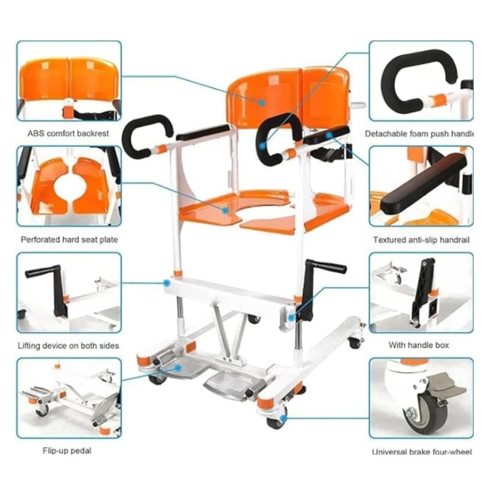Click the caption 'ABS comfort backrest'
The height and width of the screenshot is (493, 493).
tap(68, 133)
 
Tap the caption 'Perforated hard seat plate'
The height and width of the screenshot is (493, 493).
tap(69, 240)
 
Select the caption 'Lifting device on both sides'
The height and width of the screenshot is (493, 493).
tap(69, 346)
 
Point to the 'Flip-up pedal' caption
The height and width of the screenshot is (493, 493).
tap(67, 451)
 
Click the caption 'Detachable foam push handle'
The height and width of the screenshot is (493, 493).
tap(419, 134)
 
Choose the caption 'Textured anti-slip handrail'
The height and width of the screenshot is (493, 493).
tap(422, 240)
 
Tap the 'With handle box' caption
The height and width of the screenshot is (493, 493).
tap(419, 345)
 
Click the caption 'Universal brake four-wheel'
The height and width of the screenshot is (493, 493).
tap(422, 452)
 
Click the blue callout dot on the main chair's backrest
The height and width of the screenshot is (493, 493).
tap(262, 103)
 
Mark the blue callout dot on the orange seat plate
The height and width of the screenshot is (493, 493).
tap(225, 211)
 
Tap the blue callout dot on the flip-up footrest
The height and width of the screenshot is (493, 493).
tap(178, 368)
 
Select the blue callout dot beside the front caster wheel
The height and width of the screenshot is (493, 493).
tap(283, 419)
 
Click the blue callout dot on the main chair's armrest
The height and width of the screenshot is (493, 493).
tap(329, 136)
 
